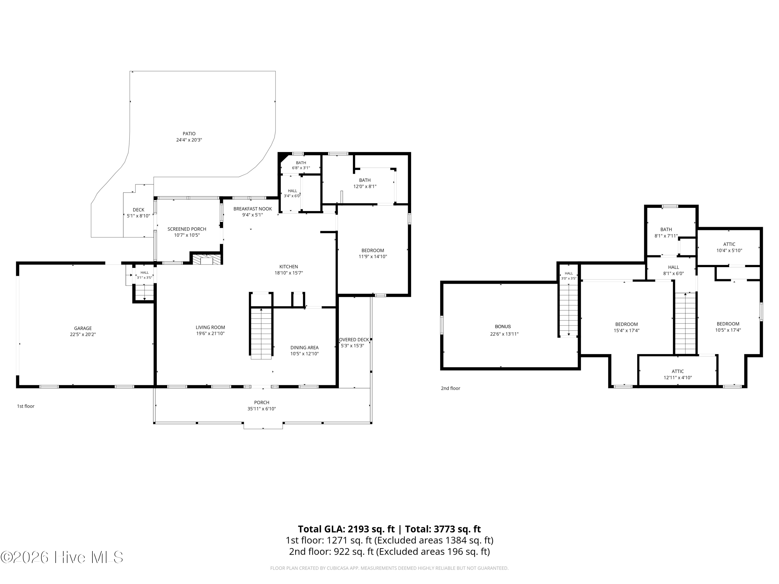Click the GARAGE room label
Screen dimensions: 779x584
click(x=83, y=328)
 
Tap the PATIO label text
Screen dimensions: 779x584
click(x=189, y=134)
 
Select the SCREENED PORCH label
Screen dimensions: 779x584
click(x=187, y=229)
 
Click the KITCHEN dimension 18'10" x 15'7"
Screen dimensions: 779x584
click(x=289, y=273)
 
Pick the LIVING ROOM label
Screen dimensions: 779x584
click(x=210, y=327)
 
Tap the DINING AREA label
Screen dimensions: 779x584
click(x=304, y=348)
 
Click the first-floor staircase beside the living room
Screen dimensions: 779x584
click(x=261, y=333)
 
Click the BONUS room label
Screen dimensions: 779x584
click(x=502, y=327)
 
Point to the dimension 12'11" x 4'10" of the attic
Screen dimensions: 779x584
click(x=677, y=378)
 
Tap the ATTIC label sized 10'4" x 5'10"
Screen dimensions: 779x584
click(x=729, y=244)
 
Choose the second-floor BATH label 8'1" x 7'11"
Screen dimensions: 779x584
click(x=666, y=229)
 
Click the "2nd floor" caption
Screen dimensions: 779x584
click(x=451, y=388)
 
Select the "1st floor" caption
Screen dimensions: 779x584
click(x=26, y=406)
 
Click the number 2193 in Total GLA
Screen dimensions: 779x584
click(x=358, y=529)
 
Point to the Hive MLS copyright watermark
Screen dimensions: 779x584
click(x=62, y=557)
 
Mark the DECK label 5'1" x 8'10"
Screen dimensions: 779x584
click(x=138, y=210)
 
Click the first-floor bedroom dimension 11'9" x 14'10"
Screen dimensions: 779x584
click(x=373, y=257)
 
